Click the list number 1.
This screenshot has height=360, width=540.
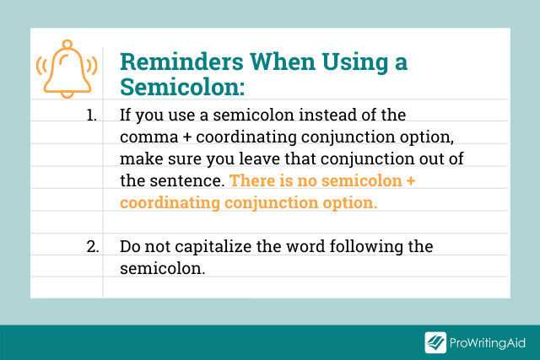coord(92,116)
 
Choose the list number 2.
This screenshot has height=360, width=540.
coord(92,247)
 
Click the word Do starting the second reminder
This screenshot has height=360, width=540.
coord(129,247)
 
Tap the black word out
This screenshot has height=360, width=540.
coord(408,159)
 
